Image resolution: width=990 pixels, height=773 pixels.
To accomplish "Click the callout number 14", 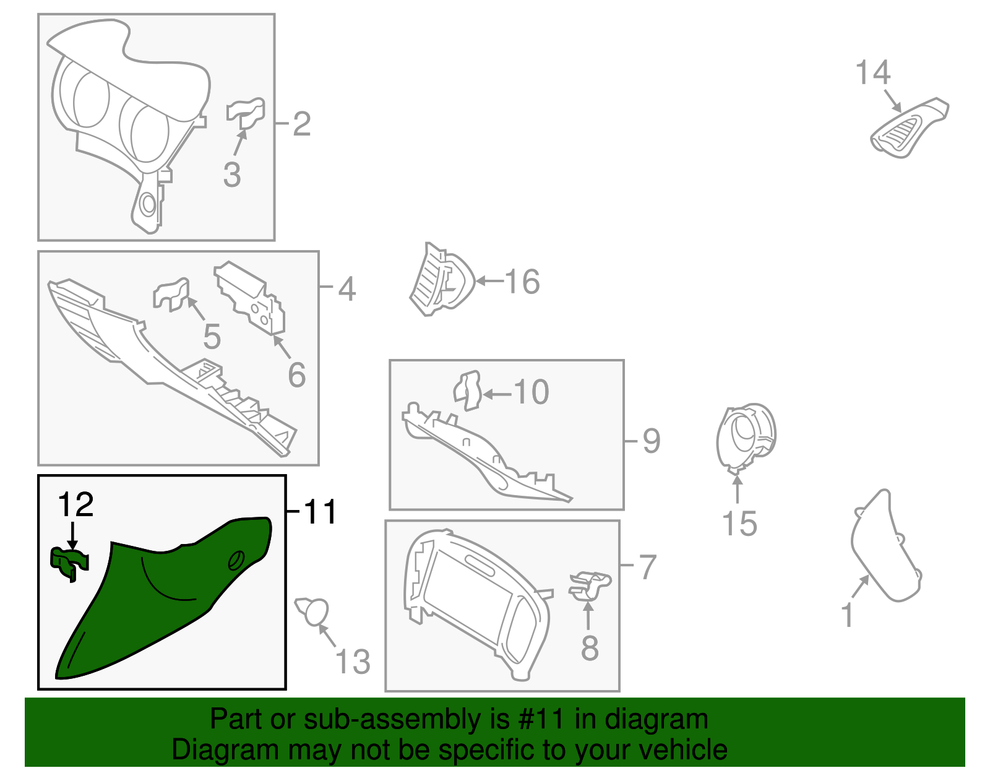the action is pos(872,73).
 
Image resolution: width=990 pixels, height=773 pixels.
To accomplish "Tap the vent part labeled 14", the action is pos(909,129).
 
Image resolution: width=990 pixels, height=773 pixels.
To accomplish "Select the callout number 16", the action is pos(522,282).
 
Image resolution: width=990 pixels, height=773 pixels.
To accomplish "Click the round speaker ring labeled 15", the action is pos(746,438).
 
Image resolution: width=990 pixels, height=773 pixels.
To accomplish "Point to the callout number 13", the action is pos(352,662).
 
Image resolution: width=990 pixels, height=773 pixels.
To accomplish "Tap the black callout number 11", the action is pos(319,511).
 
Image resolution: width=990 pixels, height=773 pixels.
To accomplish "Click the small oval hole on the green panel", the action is pos(236,560).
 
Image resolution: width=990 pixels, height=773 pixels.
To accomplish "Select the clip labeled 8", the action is pos(590,586).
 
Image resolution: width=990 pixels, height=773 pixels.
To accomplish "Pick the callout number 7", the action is pos(648,567).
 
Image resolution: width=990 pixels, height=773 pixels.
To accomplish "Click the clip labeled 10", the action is pos(468,391).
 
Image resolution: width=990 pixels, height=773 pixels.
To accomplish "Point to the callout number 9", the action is pos(651,441).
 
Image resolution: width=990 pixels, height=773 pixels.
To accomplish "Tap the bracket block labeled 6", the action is pos(250,298).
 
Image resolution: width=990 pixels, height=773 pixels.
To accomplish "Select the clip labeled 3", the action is pos(246,113).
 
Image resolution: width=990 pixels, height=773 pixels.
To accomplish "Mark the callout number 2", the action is pos(301,123).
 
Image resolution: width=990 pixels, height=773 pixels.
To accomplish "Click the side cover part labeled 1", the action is pos(885,546).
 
